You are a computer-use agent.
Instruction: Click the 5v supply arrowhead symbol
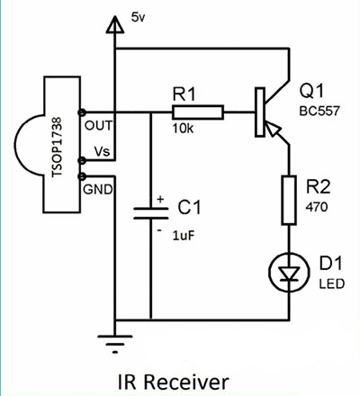[x=114, y=24]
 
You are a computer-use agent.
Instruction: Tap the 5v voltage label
[x=138, y=17]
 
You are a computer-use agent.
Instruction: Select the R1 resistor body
[x=198, y=112]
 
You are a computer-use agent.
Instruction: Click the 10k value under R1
[x=183, y=129]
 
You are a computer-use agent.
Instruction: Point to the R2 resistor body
[x=289, y=200]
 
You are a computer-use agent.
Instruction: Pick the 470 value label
[x=317, y=207]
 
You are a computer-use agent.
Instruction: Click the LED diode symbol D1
[x=289, y=273]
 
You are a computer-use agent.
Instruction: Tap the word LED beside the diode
[x=331, y=283]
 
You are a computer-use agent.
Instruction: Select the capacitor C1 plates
[x=151, y=213]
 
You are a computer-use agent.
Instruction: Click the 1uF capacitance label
[x=184, y=236]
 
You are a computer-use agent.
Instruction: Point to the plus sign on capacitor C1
[x=160, y=199]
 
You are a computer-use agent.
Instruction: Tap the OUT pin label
[x=99, y=125]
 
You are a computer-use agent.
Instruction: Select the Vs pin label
[x=102, y=151]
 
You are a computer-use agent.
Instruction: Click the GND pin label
[x=98, y=189]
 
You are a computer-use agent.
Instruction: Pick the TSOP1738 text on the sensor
[x=57, y=147]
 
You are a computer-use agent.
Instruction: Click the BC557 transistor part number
[x=319, y=111]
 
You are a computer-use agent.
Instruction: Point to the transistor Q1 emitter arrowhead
[x=273, y=129]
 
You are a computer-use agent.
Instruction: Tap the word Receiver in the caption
[x=186, y=382]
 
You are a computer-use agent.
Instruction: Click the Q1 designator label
[x=312, y=91]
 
